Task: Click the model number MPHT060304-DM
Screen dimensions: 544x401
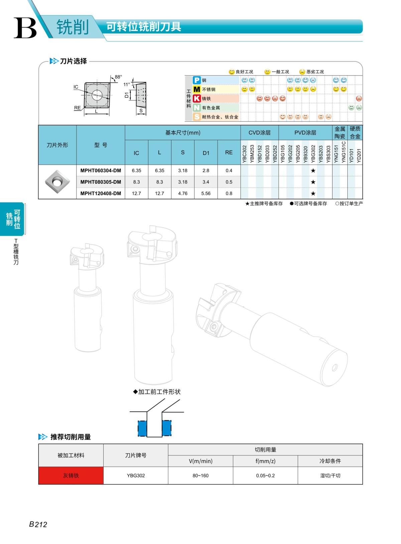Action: tap(101, 170)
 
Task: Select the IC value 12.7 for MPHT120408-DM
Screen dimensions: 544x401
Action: tap(136, 193)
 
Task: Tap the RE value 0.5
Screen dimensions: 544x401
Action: tap(229, 182)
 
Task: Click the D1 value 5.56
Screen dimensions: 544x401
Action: tap(206, 193)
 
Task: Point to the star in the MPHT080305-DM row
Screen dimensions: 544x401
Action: tap(313, 182)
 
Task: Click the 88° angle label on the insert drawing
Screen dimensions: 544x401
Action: tap(118, 77)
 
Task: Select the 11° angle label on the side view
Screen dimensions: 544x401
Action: tap(127, 85)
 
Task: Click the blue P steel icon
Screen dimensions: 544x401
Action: tap(197, 80)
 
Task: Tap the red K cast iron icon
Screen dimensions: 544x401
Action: tap(197, 99)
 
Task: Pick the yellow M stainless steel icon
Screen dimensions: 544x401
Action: tap(197, 89)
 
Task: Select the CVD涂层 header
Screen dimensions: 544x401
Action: tap(259, 133)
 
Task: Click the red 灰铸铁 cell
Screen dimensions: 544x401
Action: tap(71, 475)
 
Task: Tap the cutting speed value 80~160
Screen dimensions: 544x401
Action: tap(200, 475)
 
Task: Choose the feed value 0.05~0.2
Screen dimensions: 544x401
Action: tap(265, 475)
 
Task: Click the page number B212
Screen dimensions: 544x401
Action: tap(38, 524)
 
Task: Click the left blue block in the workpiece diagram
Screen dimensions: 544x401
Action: tap(142, 428)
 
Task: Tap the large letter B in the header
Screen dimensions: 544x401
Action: tap(25, 28)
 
